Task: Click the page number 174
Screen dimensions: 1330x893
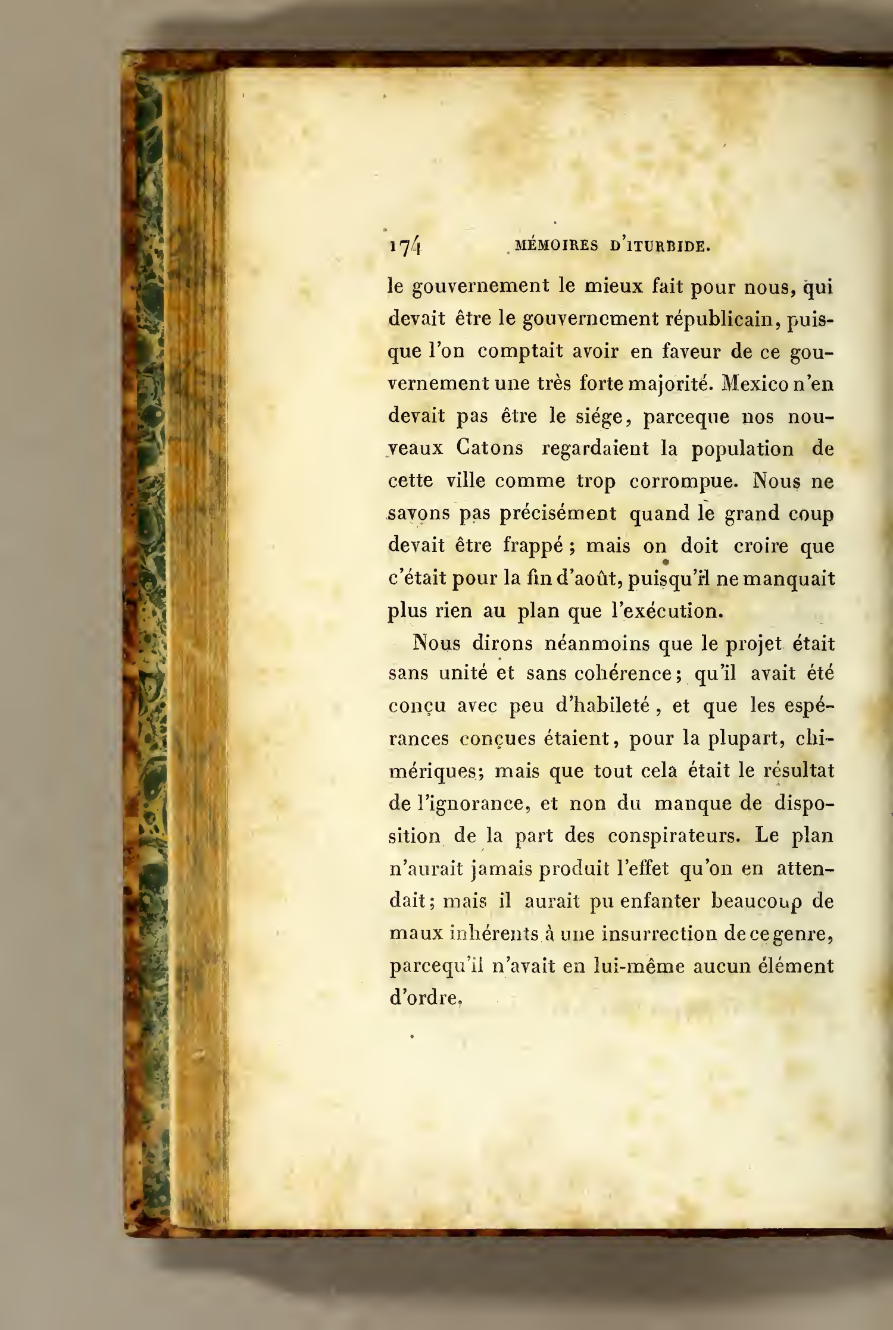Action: click(405, 246)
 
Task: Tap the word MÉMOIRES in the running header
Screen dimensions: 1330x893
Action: click(556, 246)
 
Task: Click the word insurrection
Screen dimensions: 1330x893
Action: click(658, 933)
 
